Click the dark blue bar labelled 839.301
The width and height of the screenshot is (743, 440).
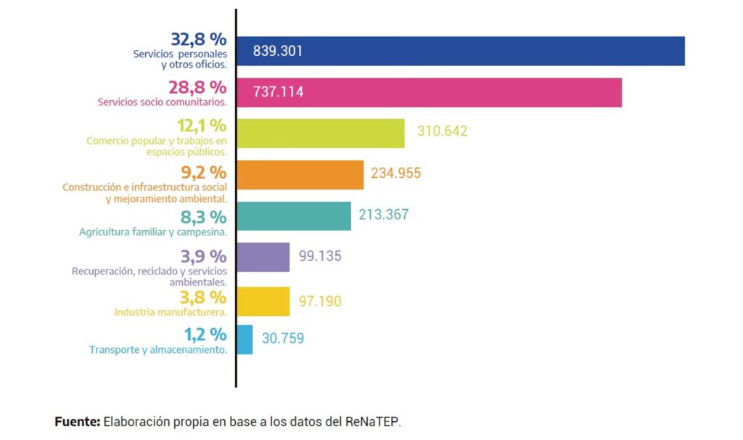pos(461,51)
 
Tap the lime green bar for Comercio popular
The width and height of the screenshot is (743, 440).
pos(321,133)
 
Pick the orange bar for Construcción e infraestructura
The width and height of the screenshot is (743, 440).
pos(300,174)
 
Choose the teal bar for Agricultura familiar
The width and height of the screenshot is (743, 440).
pos(294,216)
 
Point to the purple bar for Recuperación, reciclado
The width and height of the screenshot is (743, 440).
pos(263,257)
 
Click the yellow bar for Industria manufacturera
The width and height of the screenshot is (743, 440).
pos(263,301)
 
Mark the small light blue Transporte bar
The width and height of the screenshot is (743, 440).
pos(245,339)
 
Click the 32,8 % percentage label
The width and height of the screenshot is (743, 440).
pos(198,39)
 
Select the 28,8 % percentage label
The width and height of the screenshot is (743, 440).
pos(198,87)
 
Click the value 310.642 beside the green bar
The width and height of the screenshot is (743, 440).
pos(442,131)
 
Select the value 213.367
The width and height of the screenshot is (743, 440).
pos(384,214)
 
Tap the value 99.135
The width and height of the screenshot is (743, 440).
pos(320,256)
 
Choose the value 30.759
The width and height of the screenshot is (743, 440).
pos(282,338)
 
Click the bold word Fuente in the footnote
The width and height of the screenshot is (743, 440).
pos(78,421)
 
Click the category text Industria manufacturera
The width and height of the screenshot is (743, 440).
pos(171,312)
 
